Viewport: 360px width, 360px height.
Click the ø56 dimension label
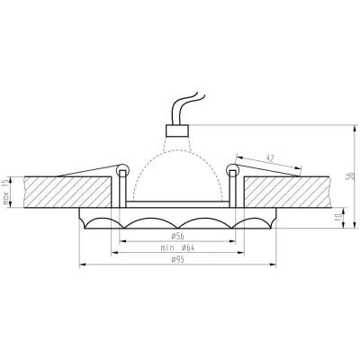177,237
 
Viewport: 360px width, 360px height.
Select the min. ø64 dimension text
177,247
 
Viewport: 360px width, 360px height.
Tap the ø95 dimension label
177,260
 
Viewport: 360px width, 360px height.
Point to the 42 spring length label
270,158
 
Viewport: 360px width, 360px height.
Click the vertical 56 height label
349,176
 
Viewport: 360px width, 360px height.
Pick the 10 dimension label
339,218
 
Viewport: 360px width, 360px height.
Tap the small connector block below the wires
177,130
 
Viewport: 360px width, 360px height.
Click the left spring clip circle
122,169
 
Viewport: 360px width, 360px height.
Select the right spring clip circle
232,169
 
